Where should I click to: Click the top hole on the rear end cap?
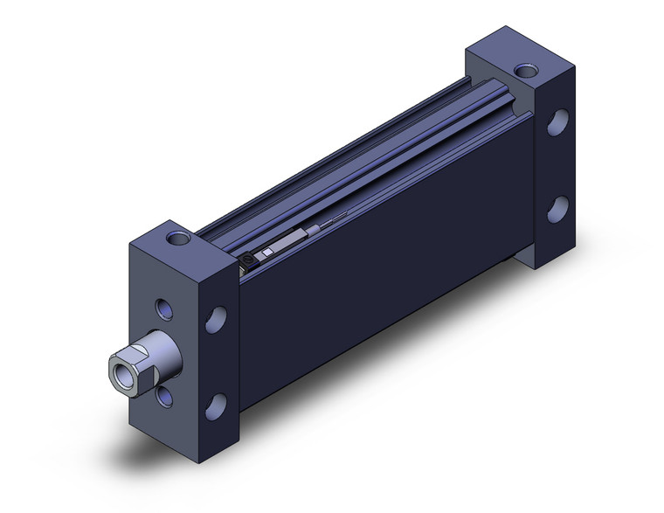[525, 69]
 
